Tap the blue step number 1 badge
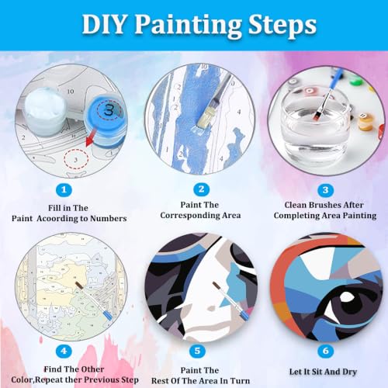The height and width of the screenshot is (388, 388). coord(64,190)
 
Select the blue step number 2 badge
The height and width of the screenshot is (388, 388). coord(201,189)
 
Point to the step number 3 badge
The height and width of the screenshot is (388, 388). coord(325,190)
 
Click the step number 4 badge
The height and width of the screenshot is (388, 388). coord(64,351)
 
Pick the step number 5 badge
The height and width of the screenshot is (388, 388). coord(197,351)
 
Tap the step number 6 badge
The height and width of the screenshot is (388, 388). coord(325,351)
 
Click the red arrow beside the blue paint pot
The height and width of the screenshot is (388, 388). coord(91,138)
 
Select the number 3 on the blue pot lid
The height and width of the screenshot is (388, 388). coord(109,110)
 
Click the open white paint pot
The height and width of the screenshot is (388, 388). coord(45,111)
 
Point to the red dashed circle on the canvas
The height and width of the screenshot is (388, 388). coord(76,159)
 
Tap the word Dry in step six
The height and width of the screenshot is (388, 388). coord(349,372)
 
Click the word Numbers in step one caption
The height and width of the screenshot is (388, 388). coord(109,219)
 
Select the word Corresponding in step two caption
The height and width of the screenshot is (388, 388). coord(190,216)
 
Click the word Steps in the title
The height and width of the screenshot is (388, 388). coord(282,25)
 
